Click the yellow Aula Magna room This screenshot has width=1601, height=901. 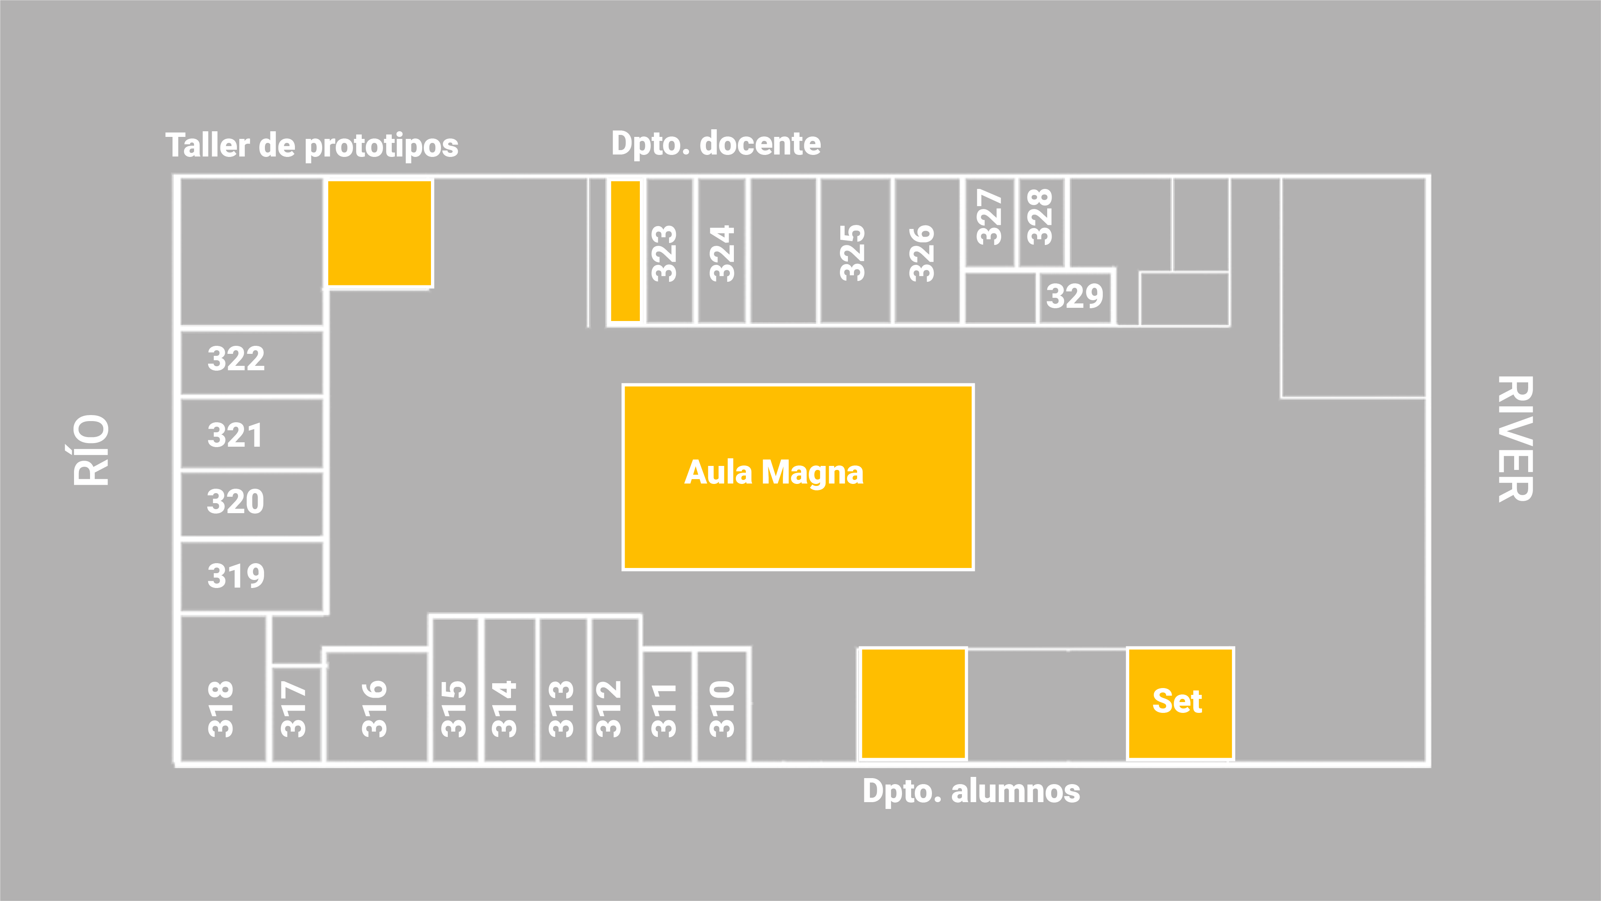[x=798, y=477]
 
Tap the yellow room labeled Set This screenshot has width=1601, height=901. [x=1180, y=702]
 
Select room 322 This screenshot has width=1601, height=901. [x=251, y=361]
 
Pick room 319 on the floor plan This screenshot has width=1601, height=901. [x=251, y=576]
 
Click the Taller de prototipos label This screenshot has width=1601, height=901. [x=312, y=146]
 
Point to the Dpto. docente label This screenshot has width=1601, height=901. [x=716, y=144]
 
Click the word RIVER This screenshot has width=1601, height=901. [x=1515, y=439]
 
